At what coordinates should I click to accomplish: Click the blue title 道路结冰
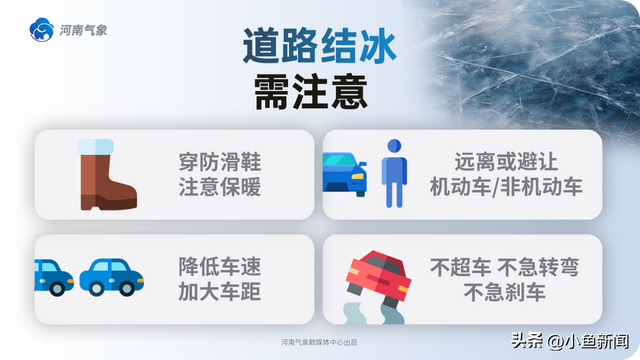tap(319, 46)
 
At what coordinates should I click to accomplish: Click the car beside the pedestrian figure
tap(345, 173)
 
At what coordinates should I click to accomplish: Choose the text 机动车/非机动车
tap(492, 186)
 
